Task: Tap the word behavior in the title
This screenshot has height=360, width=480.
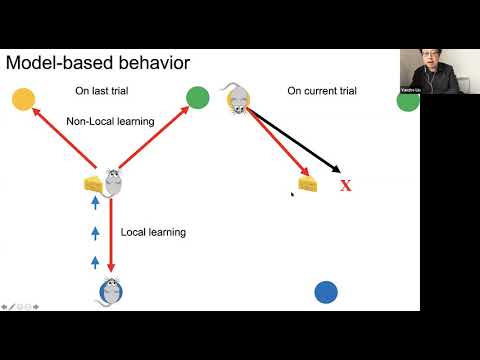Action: click(152, 65)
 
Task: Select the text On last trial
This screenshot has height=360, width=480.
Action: click(104, 90)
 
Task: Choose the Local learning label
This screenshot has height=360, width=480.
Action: click(153, 232)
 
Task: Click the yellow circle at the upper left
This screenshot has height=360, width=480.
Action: click(23, 99)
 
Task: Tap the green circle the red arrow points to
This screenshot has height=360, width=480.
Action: click(198, 98)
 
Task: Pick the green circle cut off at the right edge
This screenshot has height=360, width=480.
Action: click(408, 101)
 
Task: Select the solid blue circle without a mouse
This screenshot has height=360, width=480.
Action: click(326, 292)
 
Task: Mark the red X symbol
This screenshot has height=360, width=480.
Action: click(346, 185)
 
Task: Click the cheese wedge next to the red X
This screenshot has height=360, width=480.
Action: click(307, 183)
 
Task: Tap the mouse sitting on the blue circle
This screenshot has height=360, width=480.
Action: click(110, 291)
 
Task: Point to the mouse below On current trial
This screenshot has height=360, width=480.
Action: click(238, 98)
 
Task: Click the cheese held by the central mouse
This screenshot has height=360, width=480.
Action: click(94, 183)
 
